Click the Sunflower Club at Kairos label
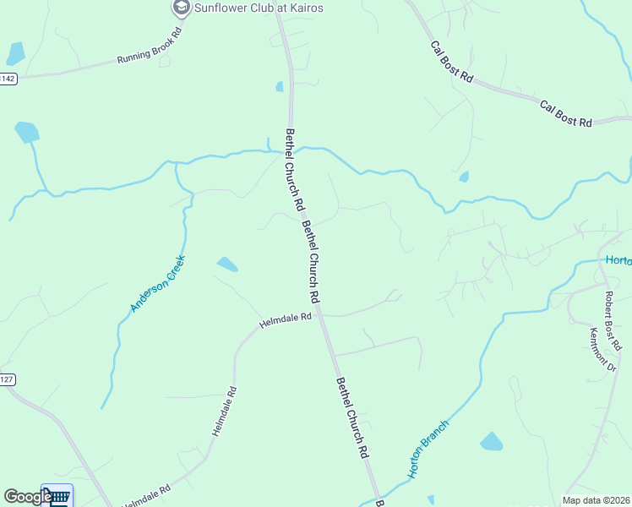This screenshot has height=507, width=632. coord(259,8)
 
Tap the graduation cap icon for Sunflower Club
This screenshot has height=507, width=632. coord(180,8)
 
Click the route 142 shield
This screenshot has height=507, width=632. coord(8,79)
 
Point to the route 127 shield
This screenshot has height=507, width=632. coord(7,379)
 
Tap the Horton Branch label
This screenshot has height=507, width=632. coord(428,449)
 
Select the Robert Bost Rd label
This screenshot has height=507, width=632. coord(613,321)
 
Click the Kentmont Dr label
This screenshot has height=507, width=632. coord(605,349)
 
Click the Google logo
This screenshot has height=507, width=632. coord(27,497)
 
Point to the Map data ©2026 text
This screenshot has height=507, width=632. coord(597,500)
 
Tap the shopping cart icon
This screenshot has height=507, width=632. coord(57,496)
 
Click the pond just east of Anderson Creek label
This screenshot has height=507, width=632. coord(226,264)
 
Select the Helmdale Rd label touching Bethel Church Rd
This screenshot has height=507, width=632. coord(286,321)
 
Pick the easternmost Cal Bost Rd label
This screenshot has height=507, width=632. coord(566,115)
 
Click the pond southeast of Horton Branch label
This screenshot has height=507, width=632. coord(491,441)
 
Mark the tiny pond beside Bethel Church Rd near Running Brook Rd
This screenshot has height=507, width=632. coord(280,86)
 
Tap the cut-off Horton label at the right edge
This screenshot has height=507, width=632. coord(618,259)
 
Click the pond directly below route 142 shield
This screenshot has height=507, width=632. coord(27,132)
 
